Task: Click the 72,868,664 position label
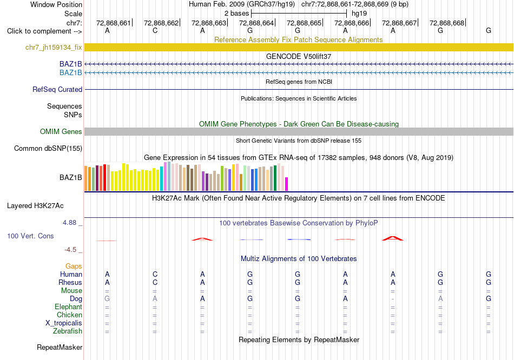tap(256, 23)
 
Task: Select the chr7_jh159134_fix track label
tap(54, 48)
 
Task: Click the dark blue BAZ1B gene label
tap(70, 64)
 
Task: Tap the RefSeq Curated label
tap(57, 89)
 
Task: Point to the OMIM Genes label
tap(61, 132)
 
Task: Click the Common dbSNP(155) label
tap(48, 149)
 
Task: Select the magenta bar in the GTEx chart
tap(287, 184)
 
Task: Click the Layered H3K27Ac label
tap(35, 206)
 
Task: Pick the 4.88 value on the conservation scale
tap(69, 223)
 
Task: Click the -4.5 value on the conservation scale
tap(70, 250)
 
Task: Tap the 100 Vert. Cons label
tap(30, 236)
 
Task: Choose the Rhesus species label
tap(70, 282)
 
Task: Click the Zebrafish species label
tap(68, 331)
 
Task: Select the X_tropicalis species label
tap(64, 323)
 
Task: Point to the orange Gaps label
tap(74, 266)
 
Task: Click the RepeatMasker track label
tap(60, 347)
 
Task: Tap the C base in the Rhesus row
tap(155, 282)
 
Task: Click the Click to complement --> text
tap(44, 31)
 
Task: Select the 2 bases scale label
tap(236, 14)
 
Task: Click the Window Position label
tap(56, 4)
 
